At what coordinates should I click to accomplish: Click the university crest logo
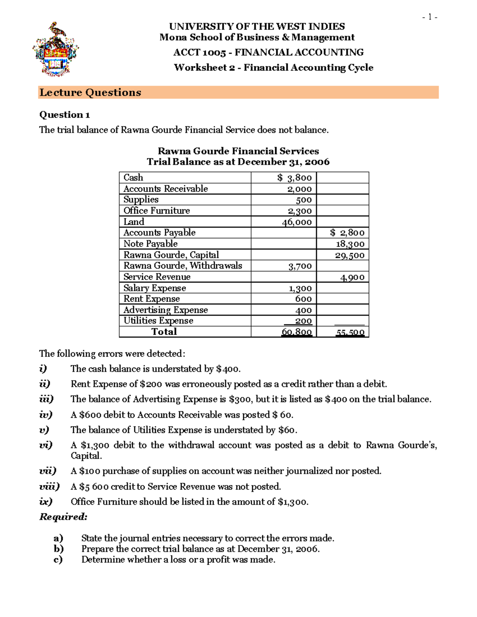[55, 49]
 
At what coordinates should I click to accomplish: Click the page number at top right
[430, 17]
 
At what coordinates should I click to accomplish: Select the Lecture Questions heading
[90, 93]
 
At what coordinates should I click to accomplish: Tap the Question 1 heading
[64, 115]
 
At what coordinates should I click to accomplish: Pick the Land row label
[134, 222]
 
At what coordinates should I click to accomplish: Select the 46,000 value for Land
[297, 222]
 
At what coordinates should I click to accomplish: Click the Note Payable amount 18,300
[350, 244]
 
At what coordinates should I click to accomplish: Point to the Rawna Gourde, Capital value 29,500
[349, 255]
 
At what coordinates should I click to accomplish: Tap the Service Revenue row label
[157, 277]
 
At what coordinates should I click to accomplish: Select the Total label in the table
[164, 332]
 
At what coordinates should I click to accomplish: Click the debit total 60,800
[297, 332]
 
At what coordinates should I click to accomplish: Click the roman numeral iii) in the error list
[46, 399]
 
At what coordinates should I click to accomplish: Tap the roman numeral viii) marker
[49, 487]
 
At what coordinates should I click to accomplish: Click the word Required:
[63, 517]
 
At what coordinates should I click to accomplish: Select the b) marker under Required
[58, 549]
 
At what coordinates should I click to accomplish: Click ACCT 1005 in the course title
[200, 52]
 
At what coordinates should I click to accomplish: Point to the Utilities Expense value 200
[303, 321]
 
